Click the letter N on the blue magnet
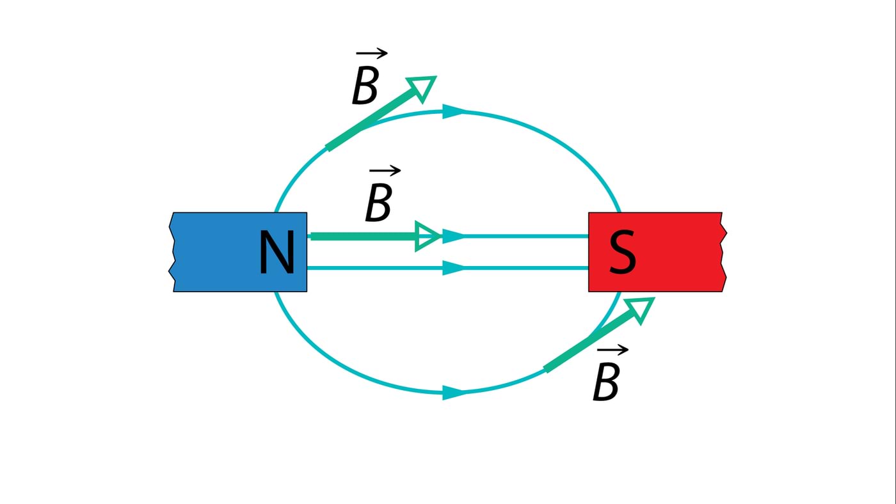tap(276, 253)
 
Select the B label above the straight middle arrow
tap(378, 203)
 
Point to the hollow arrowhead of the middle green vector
tap(427, 236)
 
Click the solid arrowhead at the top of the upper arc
tap(454, 112)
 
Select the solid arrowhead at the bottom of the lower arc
tap(454, 393)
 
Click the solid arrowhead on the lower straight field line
tap(454, 268)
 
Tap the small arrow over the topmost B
tap(372, 54)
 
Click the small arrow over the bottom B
tap(612, 350)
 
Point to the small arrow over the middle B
tap(385, 171)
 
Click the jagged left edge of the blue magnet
tap(172, 252)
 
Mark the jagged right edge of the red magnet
tap(724, 252)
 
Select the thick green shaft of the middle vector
tap(362, 236)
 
